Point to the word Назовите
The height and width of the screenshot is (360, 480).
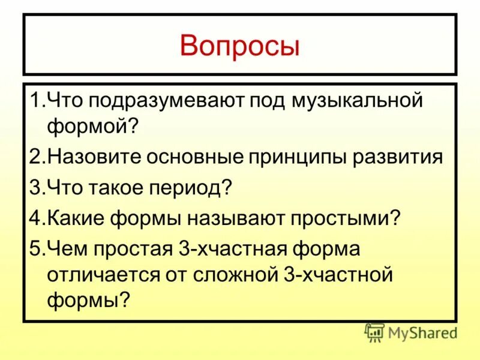(x=95, y=157)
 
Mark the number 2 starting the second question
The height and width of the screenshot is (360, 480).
(x=35, y=157)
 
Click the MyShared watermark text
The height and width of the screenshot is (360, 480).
(x=422, y=332)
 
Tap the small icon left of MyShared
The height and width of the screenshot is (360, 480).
(x=374, y=333)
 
